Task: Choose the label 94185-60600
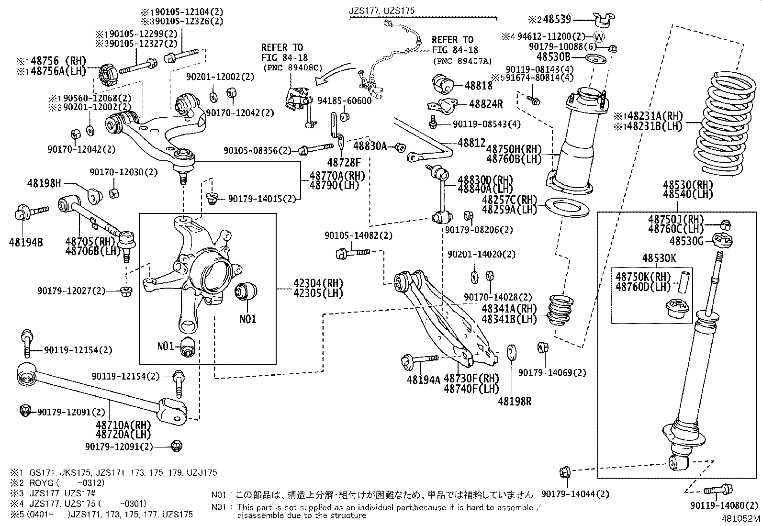click(x=344, y=101)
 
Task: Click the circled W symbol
click(x=599, y=36)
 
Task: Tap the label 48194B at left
click(x=25, y=242)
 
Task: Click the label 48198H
click(x=45, y=183)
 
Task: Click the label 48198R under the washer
click(x=515, y=401)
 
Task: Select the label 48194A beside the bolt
click(x=423, y=380)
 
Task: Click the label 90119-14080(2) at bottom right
click(x=725, y=505)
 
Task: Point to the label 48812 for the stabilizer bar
click(x=471, y=143)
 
